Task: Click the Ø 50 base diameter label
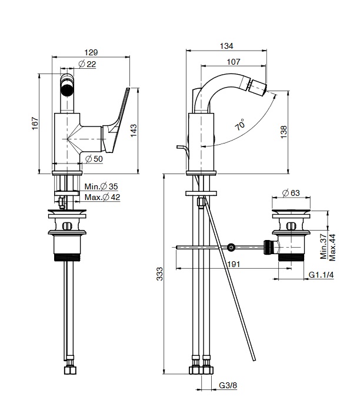pyautogui.click(x=94, y=159)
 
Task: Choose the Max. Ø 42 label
pyautogui.click(x=102, y=197)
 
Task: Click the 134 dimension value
pyautogui.click(x=226, y=46)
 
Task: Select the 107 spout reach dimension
pyautogui.click(x=234, y=62)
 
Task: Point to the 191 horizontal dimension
pyautogui.click(x=234, y=265)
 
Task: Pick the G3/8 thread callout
pyautogui.click(x=228, y=385)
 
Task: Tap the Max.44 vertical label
pyautogui.click(x=333, y=247)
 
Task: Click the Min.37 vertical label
pyautogui.click(x=324, y=247)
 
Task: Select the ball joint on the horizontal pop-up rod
pyautogui.click(x=232, y=247)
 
